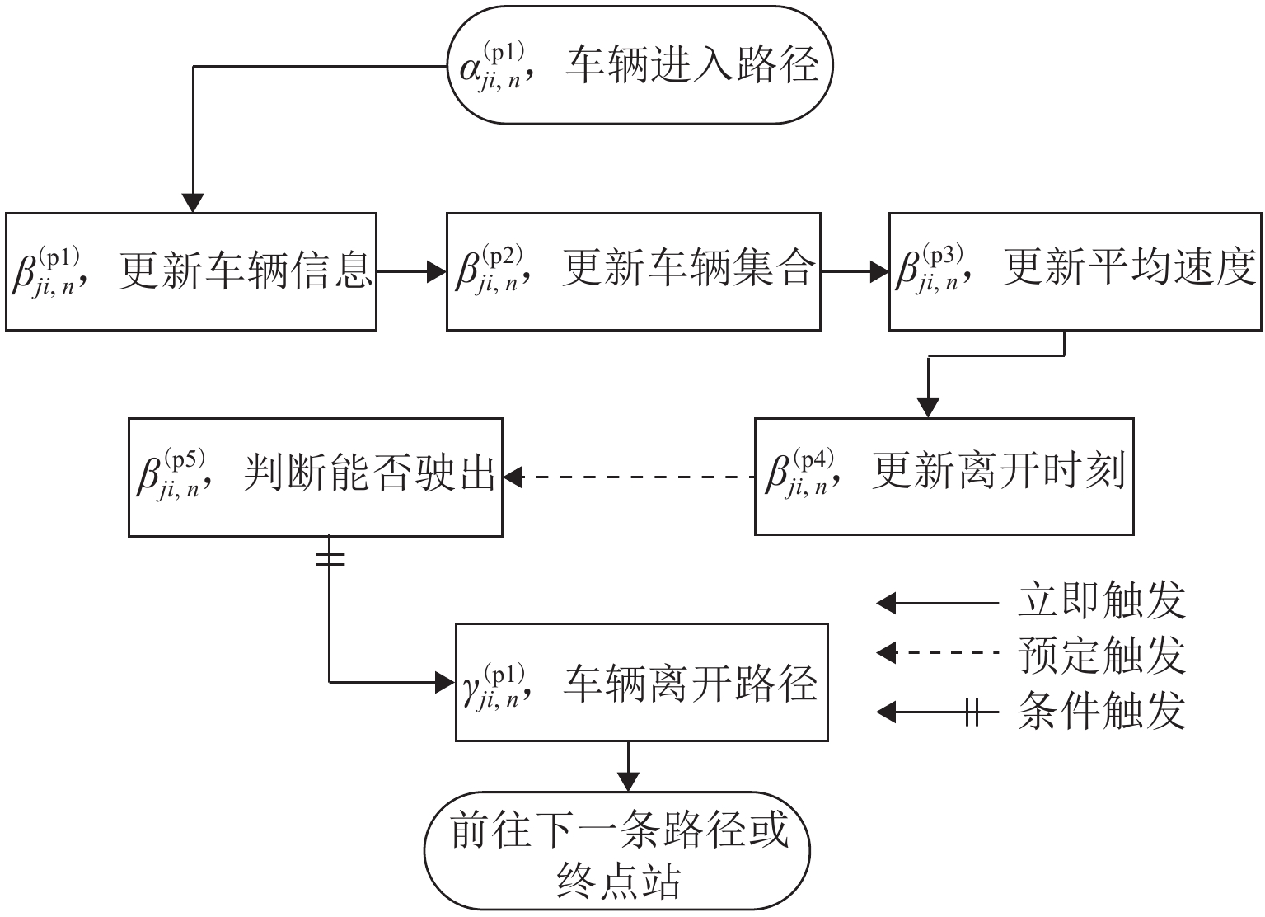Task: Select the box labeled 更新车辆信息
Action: tap(191, 271)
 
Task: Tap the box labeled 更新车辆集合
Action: tap(633, 271)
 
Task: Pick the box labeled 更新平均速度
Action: tap(1075, 271)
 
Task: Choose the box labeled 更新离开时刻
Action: tap(944, 477)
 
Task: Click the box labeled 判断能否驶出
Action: tap(316, 477)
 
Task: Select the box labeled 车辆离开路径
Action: tap(642, 683)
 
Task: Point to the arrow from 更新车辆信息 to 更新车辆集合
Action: tap(411, 271)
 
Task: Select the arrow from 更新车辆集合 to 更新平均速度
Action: tap(855, 271)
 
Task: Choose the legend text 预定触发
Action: tap(1102, 655)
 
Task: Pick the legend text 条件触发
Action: tap(1102, 711)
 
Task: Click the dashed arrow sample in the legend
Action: tap(938, 653)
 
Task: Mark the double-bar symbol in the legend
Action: tap(972, 712)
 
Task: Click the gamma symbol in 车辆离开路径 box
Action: tap(472, 686)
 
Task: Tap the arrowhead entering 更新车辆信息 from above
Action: tap(192, 203)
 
